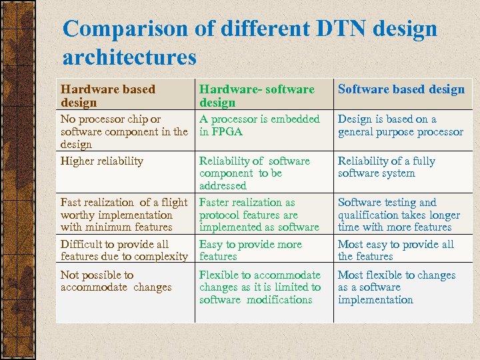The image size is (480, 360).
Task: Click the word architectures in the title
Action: coord(129,57)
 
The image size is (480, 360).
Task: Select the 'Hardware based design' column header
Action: coord(107,95)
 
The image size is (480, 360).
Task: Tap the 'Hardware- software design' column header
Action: coord(257,95)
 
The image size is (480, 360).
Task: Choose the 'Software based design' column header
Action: coord(401,89)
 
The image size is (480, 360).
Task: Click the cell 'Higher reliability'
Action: coord(101,161)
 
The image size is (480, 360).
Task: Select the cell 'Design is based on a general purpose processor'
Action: coord(400,125)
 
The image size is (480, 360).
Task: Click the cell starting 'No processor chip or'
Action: coord(123,131)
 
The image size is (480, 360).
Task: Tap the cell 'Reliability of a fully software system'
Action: coord(386,167)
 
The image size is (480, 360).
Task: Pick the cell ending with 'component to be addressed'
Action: coord(254,173)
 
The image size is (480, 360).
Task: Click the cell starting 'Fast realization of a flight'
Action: coord(123,215)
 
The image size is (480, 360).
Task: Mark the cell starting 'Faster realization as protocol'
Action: coord(259,215)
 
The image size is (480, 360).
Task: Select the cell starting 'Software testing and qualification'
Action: coord(399,215)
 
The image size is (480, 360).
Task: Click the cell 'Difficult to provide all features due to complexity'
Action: coord(123,250)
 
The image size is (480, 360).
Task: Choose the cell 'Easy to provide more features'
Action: coord(250,250)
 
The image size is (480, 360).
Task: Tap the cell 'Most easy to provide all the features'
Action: coord(395,250)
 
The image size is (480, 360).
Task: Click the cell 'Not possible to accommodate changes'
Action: coord(115,281)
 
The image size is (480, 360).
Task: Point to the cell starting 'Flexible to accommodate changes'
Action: coord(259,287)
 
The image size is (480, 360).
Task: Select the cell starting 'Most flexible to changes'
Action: coord(396,287)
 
